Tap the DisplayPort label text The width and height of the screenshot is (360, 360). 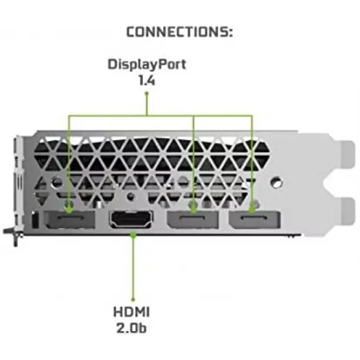click(146, 64)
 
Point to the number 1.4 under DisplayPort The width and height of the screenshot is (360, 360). click(146, 81)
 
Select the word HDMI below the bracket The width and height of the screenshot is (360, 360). click(131, 312)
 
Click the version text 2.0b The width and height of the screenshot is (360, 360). click(131, 328)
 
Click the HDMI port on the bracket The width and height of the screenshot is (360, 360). click(132, 219)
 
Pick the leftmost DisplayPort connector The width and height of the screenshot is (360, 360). click(69, 219)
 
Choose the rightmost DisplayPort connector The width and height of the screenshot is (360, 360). click(255, 220)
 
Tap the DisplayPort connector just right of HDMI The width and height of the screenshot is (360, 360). click(193, 220)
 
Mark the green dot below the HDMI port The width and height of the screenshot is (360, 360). click(133, 235)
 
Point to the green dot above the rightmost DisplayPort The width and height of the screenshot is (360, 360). click(252, 209)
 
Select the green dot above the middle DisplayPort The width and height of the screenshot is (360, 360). click(194, 209)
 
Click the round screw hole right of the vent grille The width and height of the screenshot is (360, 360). click(276, 182)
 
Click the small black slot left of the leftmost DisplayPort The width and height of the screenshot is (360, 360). click(35, 220)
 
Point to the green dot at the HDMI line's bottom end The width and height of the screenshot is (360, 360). click(133, 299)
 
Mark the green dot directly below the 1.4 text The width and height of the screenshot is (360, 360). click(146, 93)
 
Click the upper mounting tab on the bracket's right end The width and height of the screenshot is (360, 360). click(348, 154)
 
